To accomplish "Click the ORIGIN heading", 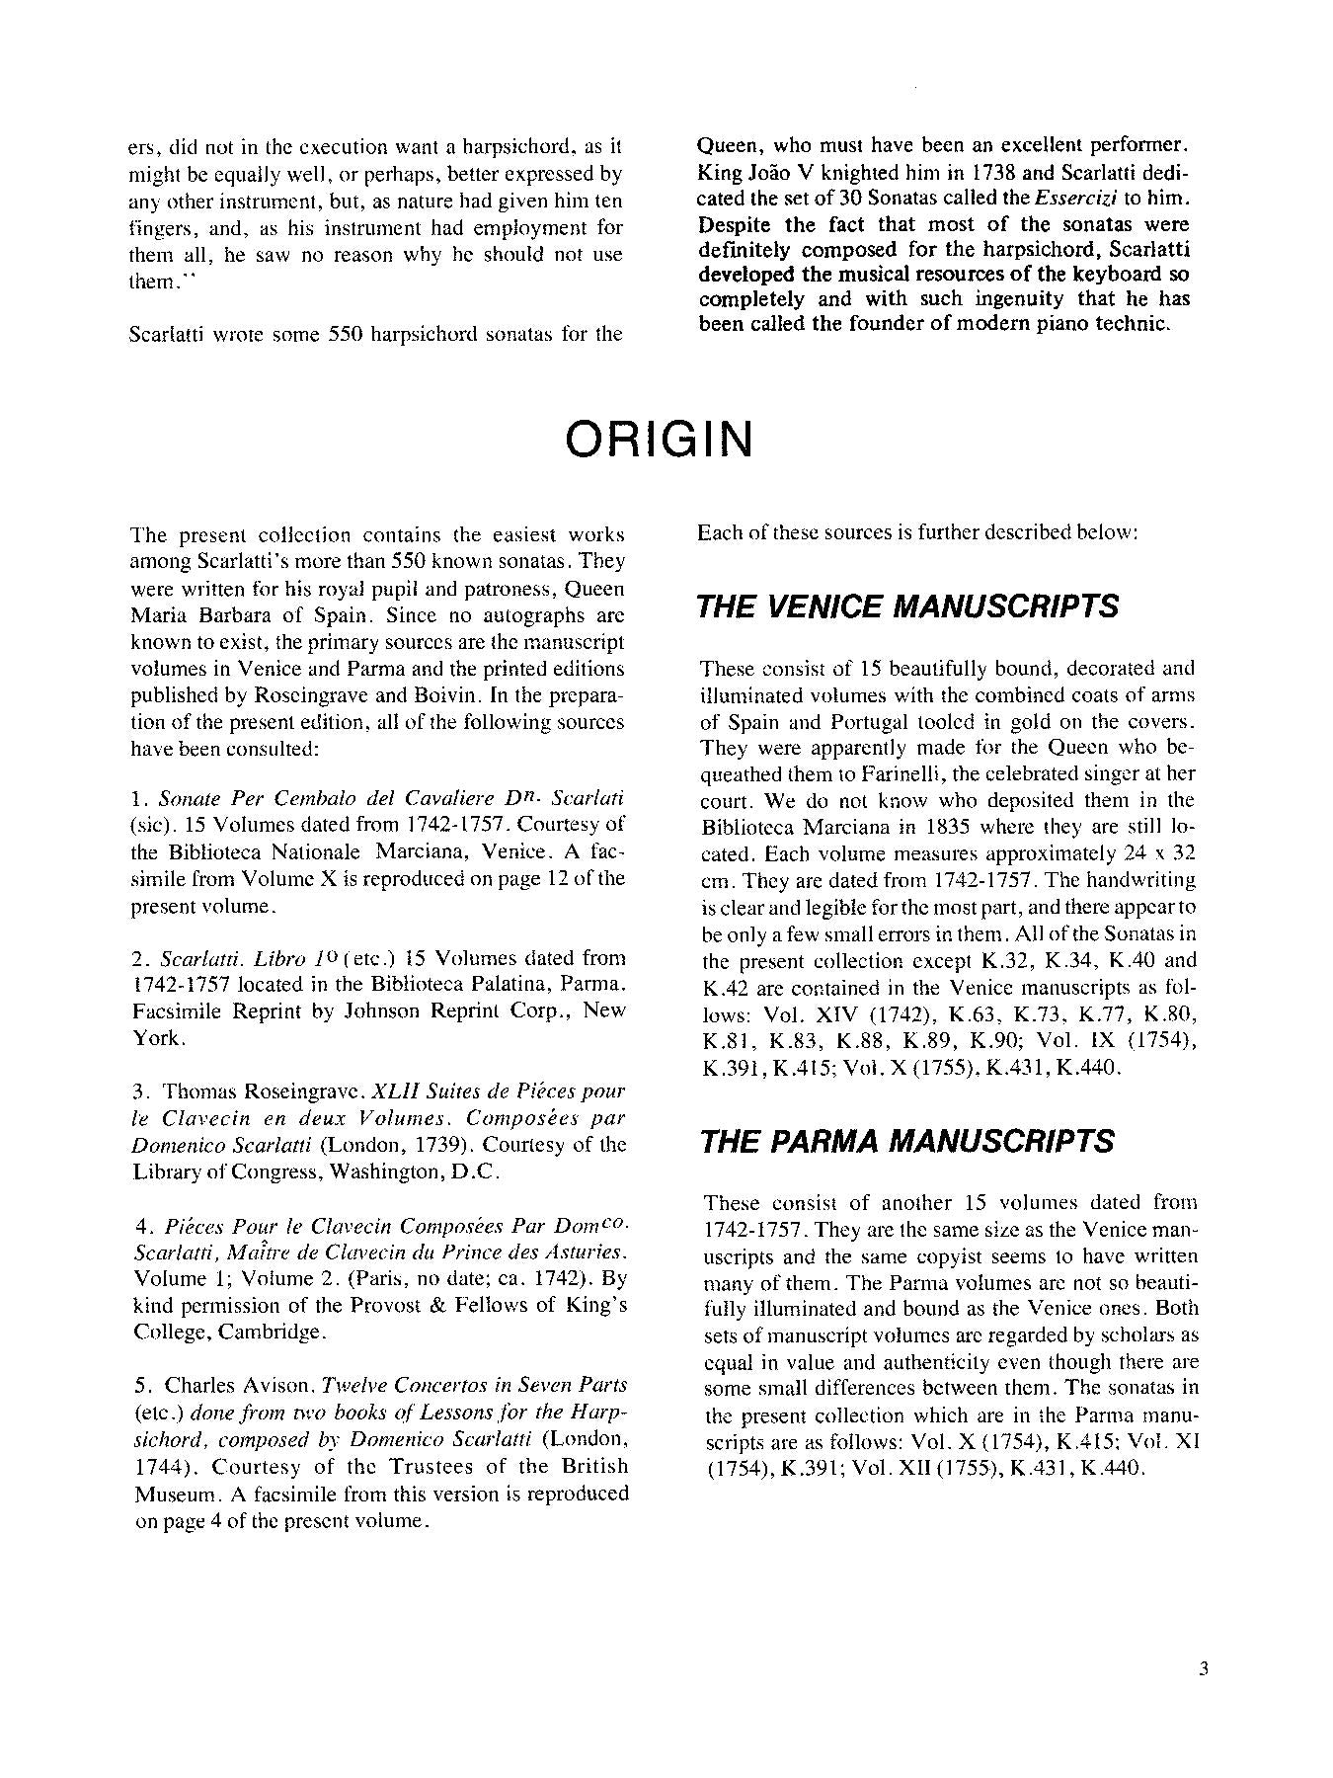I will [659, 440].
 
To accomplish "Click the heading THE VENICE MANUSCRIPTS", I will [907, 606].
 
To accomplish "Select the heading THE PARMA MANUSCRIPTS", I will [906, 1141].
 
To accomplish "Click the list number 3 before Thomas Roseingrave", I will [138, 1091].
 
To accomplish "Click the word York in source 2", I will [156, 1038].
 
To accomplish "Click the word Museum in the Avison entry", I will [174, 1493].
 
